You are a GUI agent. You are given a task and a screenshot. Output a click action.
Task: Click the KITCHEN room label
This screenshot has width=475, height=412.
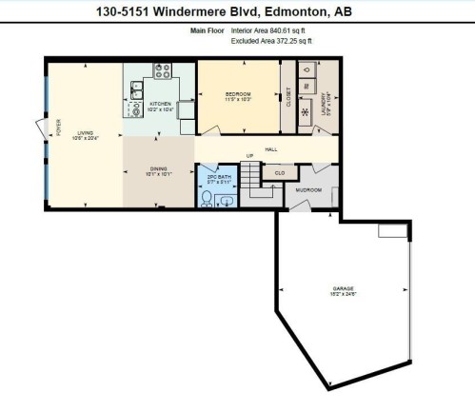click(159, 103)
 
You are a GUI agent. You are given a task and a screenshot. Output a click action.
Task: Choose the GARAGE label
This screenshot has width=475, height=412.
click(344, 287)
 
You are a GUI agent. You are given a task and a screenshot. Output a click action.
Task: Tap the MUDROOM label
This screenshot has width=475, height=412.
click(308, 190)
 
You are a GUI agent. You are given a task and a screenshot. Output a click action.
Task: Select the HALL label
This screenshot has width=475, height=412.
click(270, 148)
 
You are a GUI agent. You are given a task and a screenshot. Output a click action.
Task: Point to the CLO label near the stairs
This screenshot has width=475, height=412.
click(280, 173)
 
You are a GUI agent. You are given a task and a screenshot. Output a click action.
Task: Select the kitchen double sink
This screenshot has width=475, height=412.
click(136, 90)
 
